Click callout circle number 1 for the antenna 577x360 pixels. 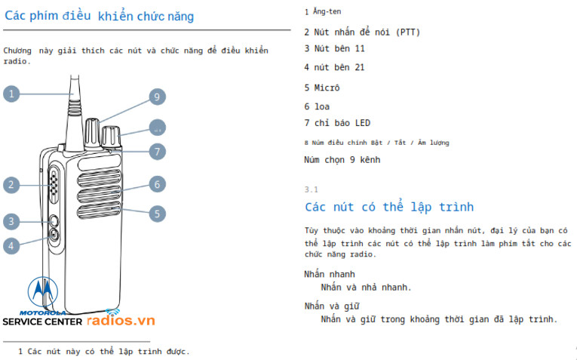[11, 94]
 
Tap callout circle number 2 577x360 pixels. [11, 184]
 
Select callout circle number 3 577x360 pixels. [11, 221]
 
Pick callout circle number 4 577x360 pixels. [11, 245]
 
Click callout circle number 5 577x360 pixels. [156, 214]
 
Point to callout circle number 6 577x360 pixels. [156, 183]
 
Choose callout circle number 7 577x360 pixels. [156, 151]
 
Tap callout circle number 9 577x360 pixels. [156, 97]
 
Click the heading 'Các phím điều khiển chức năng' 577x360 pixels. [99, 16]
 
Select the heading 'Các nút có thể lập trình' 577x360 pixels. [388, 207]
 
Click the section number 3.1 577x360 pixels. [312, 189]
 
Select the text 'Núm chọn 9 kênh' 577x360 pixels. [342, 160]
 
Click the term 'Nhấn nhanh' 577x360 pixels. [330, 274]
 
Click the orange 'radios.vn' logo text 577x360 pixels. [121, 321]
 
